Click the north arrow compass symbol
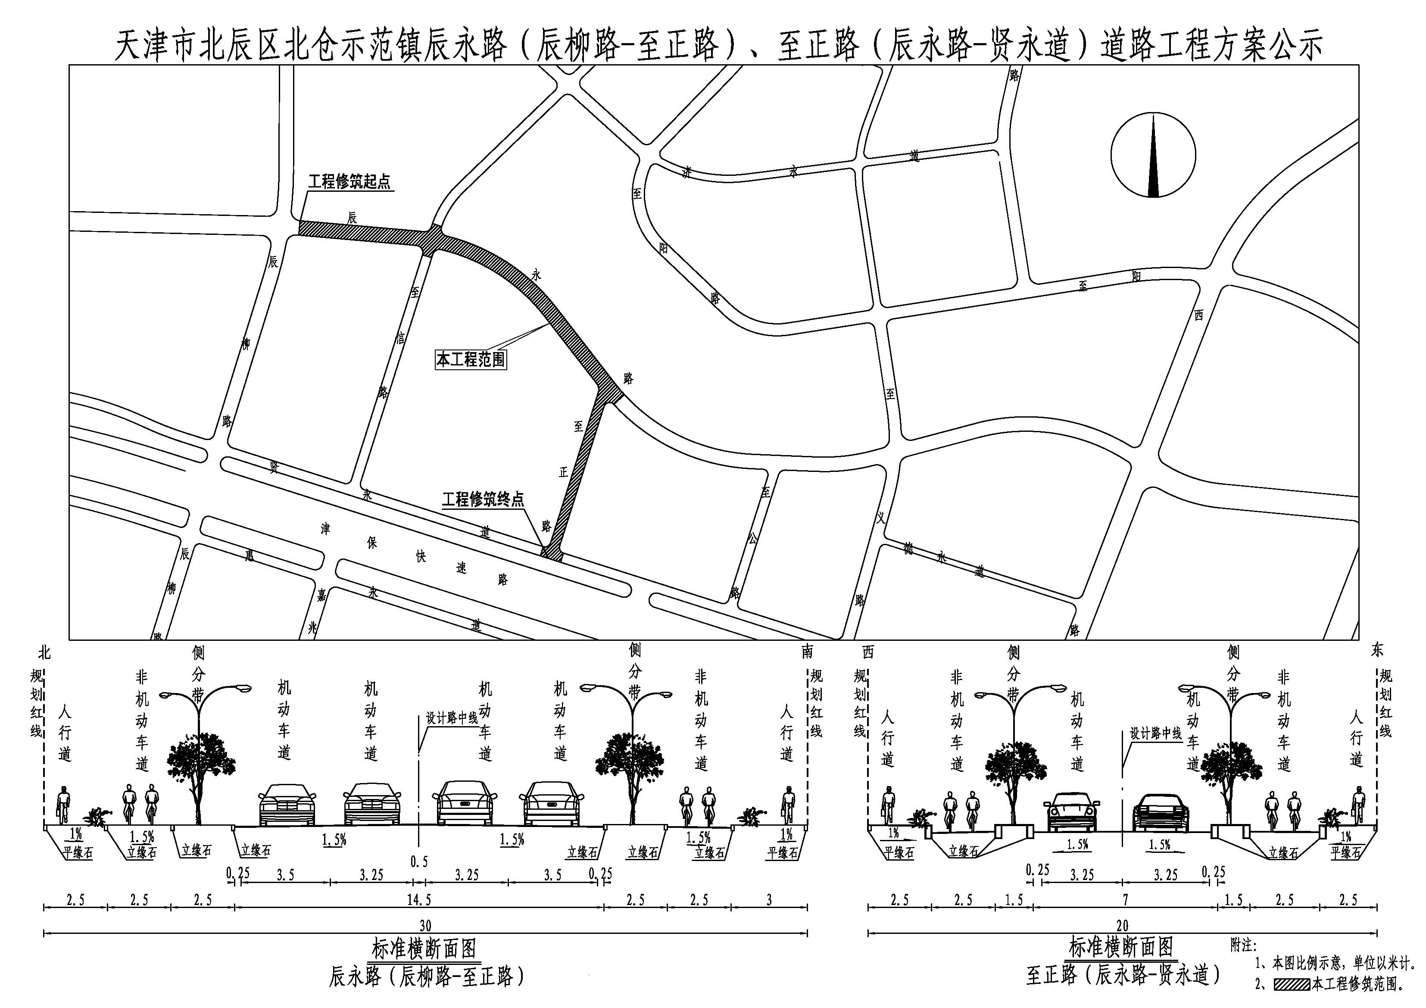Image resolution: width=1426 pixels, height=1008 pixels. click(1153, 155)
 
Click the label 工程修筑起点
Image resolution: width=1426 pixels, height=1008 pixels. click(349, 181)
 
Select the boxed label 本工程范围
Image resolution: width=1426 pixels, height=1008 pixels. click(471, 359)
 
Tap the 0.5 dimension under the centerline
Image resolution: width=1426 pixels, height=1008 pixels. click(419, 861)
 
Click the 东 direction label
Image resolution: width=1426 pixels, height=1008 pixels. click(1377, 650)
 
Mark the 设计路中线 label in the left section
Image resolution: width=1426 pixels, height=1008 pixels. click(452, 718)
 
